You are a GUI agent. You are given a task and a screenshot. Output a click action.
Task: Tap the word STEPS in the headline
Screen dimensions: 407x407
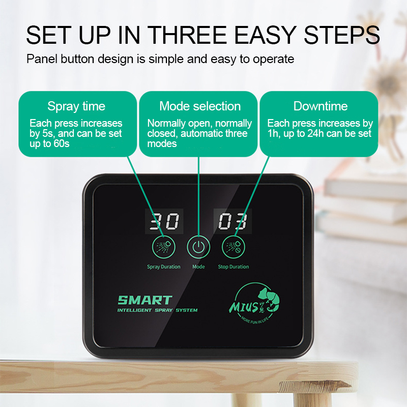coord(342,35)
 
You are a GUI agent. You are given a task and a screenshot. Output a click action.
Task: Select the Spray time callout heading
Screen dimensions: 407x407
coord(76,107)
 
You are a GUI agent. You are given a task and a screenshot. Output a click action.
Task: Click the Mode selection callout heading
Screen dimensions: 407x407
coord(200,106)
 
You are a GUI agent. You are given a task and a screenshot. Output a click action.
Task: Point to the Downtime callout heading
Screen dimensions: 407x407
coord(321,106)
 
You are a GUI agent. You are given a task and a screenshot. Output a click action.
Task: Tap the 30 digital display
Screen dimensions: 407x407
coord(164,221)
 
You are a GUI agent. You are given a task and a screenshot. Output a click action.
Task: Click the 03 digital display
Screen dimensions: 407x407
coord(232,221)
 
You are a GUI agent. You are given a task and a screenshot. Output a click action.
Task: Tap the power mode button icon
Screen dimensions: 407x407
coord(198,247)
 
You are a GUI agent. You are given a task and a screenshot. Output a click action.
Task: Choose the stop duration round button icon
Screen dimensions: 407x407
coord(234,247)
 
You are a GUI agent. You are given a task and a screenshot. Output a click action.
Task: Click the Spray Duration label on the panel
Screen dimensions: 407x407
coord(163,267)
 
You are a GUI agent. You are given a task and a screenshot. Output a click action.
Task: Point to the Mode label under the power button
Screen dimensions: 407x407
coord(198,267)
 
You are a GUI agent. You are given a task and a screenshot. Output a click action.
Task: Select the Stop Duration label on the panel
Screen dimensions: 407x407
coord(234,267)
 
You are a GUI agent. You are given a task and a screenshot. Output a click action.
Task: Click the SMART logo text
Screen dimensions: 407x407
coord(145,300)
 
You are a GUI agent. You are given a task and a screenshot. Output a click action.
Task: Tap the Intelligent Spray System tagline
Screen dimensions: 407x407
coord(157,310)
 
